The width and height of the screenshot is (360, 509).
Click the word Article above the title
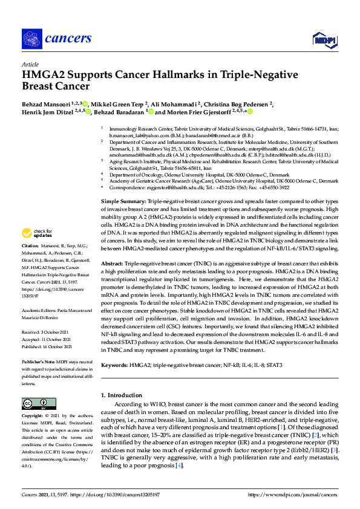point(30,64)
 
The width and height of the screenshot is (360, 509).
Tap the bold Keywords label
point(114,366)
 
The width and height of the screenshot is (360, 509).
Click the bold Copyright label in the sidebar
point(33,416)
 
